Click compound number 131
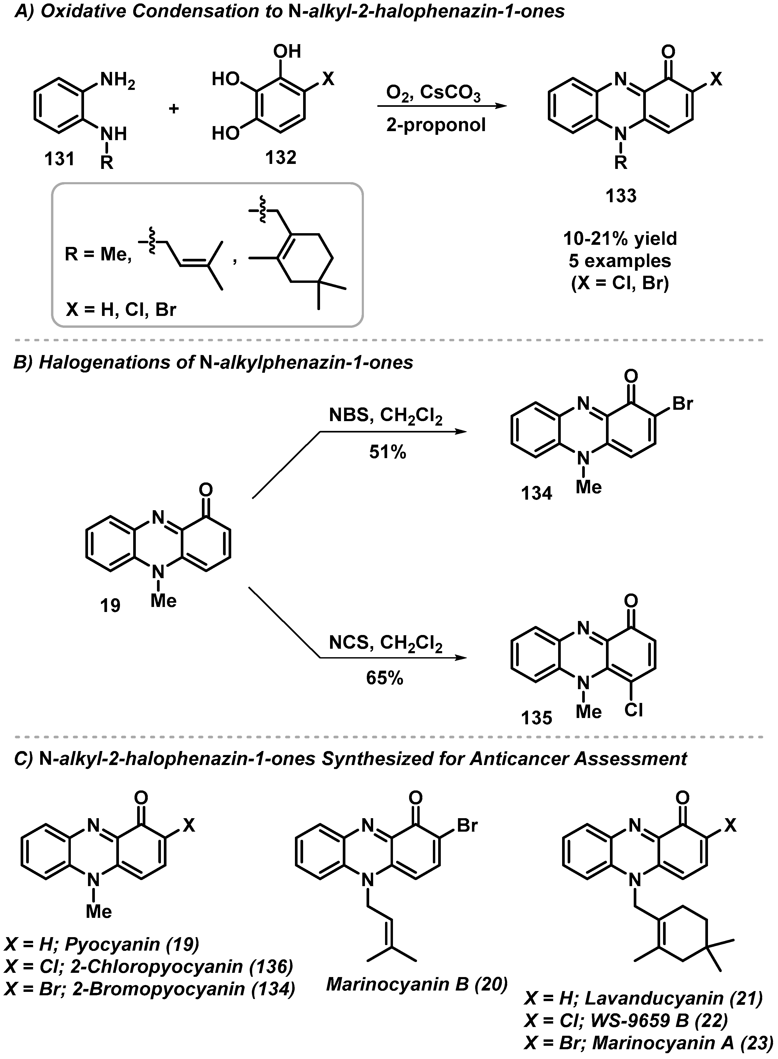click(x=60, y=159)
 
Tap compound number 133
click(x=621, y=195)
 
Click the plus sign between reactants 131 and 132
click(x=174, y=109)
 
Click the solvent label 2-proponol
click(x=436, y=125)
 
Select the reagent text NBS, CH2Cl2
click(x=386, y=416)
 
